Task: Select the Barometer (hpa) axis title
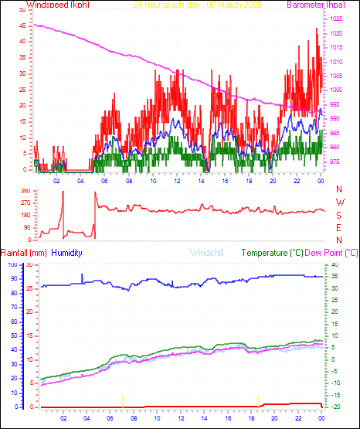(317, 5)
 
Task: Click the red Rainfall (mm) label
(25, 253)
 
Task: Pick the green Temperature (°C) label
(273, 253)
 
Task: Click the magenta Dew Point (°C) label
(332, 253)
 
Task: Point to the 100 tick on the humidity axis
(11, 265)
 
